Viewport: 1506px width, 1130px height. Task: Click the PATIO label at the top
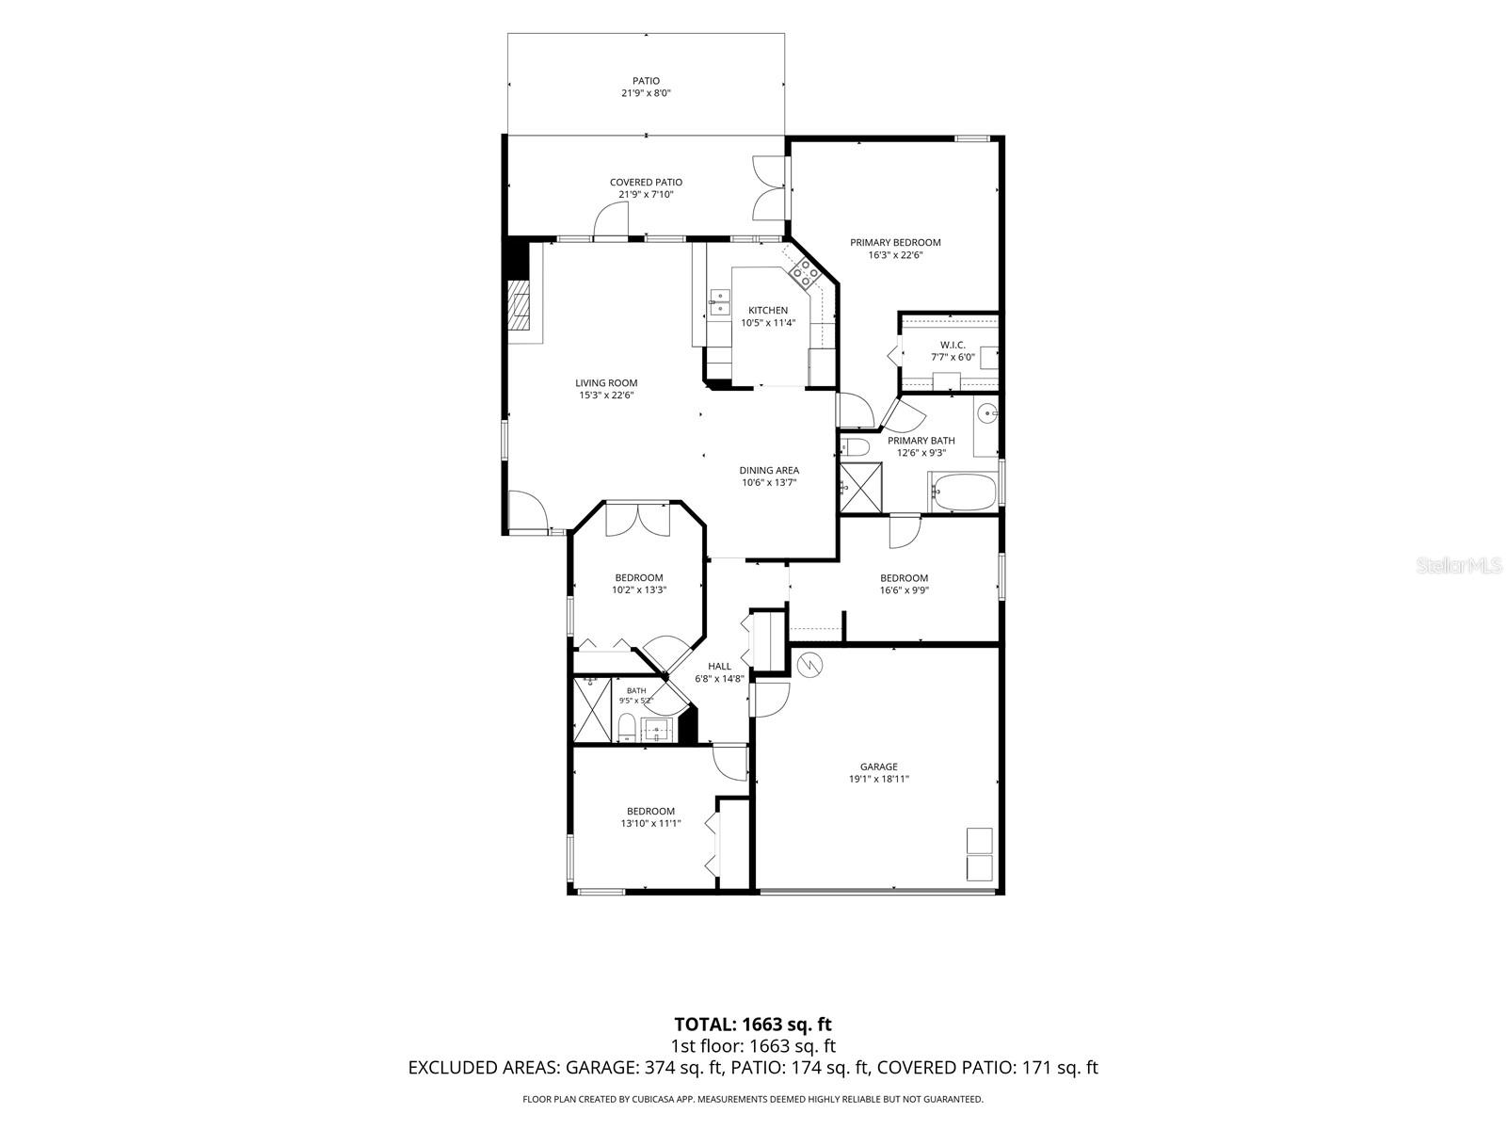[646, 81]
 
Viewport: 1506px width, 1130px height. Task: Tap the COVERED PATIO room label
[646, 183]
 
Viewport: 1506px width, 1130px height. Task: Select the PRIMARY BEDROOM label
[895, 242]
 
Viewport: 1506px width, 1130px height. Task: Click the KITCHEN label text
[768, 310]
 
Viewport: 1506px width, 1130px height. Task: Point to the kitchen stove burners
[805, 275]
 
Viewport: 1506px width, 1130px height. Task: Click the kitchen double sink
[719, 302]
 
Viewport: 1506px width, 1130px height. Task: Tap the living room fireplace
[519, 313]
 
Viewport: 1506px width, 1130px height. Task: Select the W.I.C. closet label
[953, 345]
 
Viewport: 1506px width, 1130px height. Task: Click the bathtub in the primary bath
[962, 492]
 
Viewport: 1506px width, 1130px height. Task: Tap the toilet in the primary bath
[855, 447]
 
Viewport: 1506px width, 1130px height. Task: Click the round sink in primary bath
[986, 413]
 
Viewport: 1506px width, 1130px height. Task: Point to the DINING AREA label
[768, 471]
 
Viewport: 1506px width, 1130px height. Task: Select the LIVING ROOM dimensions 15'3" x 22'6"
[606, 395]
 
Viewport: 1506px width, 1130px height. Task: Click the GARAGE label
[878, 767]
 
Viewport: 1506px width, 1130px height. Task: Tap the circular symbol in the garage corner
[810, 664]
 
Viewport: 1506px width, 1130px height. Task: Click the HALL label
[719, 666]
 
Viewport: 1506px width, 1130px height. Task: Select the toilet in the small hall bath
[627, 728]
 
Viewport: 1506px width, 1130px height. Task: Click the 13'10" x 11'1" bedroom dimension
[650, 823]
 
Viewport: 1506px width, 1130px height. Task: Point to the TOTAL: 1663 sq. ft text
[753, 1025]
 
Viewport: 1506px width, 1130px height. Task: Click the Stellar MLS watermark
[1459, 566]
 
